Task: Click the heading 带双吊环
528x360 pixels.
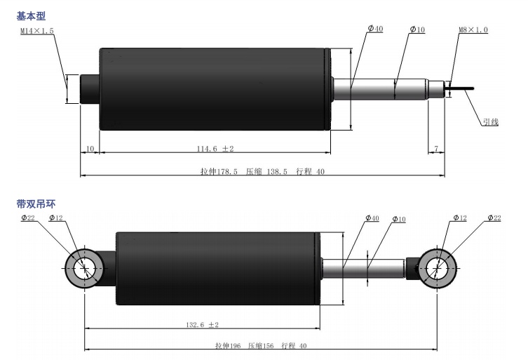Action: coord(36,204)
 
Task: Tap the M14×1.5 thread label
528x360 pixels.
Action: coord(36,31)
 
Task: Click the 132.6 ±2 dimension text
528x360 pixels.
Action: coord(202,324)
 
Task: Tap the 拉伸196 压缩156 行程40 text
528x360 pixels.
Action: coord(261,346)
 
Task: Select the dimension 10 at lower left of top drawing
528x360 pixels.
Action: coord(90,149)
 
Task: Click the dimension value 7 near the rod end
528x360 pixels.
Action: coord(436,149)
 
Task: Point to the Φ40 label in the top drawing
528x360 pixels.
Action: coord(375,29)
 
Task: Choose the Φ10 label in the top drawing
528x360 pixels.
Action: coord(417,29)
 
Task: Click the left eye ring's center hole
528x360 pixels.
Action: coord(84,267)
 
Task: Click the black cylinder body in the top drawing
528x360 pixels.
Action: coord(214,89)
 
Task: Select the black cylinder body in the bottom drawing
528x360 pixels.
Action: coord(217,267)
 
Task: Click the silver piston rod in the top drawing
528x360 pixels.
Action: coord(382,89)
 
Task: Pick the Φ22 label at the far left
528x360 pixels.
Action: coord(29,218)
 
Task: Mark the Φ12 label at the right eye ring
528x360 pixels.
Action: coord(459,218)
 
